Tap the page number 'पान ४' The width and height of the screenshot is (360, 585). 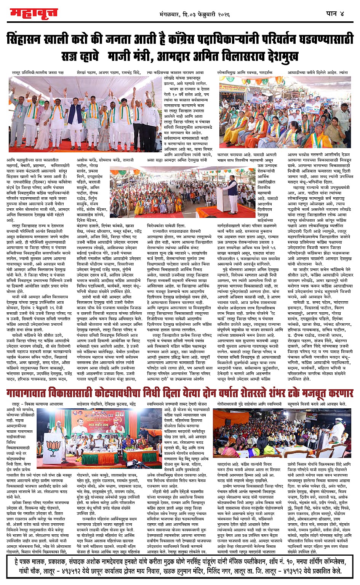pos(335,13)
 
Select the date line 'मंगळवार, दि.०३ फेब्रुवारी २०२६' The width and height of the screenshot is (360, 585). pos(195,14)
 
